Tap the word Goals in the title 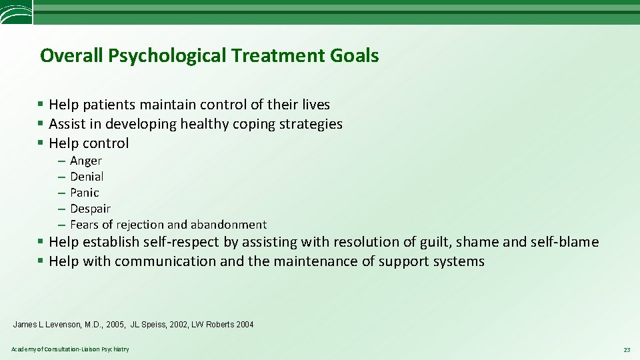pyautogui.click(x=353, y=55)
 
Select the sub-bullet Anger pyautogui.click(x=86, y=161)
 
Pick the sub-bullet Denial pyautogui.click(x=87, y=177)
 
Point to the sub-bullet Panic pyautogui.click(x=85, y=193)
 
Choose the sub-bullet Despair pyautogui.click(x=90, y=209)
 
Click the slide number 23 pyautogui.click(x=626, y=349)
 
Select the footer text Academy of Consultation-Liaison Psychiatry pyautogui.click(x=70, y=349)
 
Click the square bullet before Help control pyautogui.click(x=41, y=143)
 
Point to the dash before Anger pyautogui.click(x=61, y=161)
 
